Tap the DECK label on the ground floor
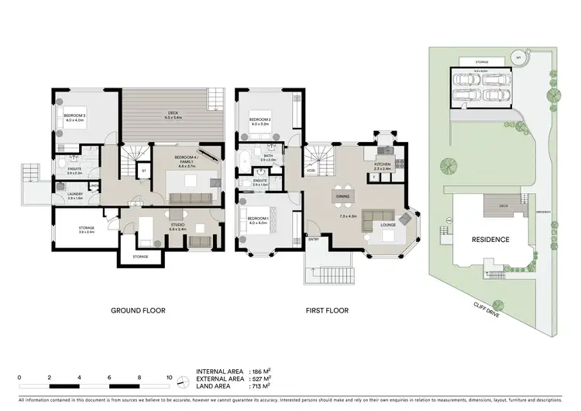coord(174,115)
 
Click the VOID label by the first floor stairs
coord(311,172)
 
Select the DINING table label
coord(342,196)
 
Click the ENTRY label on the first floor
coord(314,240)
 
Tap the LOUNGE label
coord(389,226)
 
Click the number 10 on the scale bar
coord(170,378)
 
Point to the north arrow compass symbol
coord(183,383)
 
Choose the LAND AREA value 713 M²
coord(257,385)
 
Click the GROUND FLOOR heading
coord(138,311)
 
